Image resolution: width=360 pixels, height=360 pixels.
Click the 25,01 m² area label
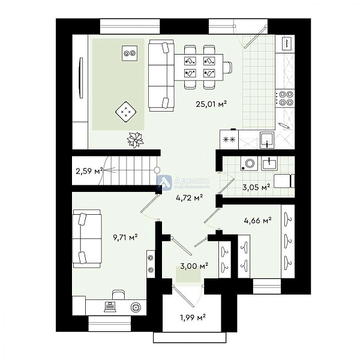pyautogui.click(x=209, y=104)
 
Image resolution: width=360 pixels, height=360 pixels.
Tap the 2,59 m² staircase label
pyautogui.click(x=89, y=172)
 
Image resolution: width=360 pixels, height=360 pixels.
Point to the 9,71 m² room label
pyautogui.click(x=125, y=238)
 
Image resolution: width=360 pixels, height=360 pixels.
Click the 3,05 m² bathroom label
pyautogui.click(x=256, y=187)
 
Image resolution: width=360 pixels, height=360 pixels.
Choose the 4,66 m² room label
pyautogui.click(x=257, y=221)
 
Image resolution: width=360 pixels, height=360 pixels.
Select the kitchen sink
pyautogui.click(x=268, y=140)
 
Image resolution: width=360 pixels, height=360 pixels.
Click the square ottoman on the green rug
pyautogui.click(x=126, y=111)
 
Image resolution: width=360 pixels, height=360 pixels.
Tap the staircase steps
pyautogui.click(x=129, y=170)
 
